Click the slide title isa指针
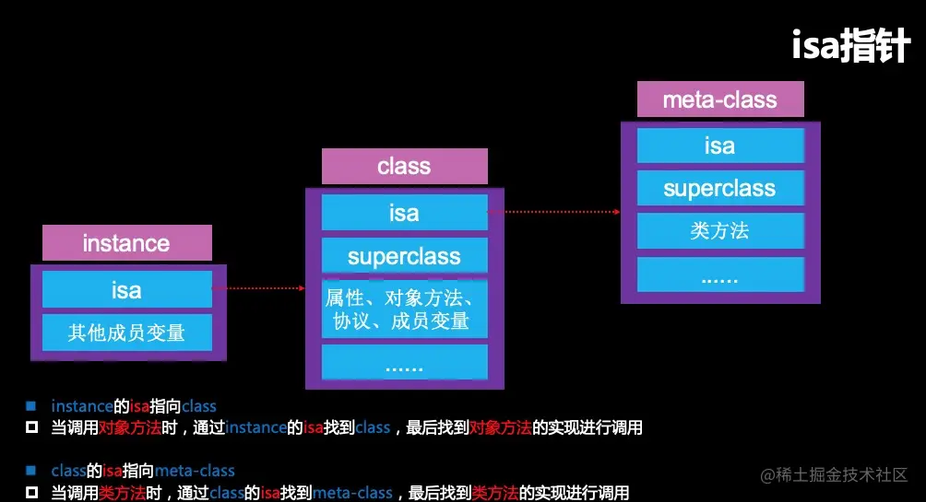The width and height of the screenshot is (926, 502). pyautogui.click(x=850, y=45)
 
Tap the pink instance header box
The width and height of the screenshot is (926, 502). pyautogui.click(x=127, y=242)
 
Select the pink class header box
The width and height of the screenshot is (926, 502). pyautogui.click(x=405, y=167)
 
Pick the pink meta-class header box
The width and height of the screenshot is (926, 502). pyautogui.click(x=720, y=99)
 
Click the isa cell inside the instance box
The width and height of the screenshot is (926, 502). pyautogui.click(x=127, y=289)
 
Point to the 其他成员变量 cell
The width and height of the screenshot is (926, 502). pyautogui.click(x=127, y=333)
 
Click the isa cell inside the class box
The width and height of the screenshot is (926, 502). pyautogui.click(x=405, y=213)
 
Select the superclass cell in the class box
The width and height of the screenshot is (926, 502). pyautogui.click(x=405, y=255)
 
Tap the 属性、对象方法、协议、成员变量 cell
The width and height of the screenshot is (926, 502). pyautogui.click(x=405, y=309)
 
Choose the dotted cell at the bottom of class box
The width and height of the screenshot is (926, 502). pyautogui.click(x=405, y=362)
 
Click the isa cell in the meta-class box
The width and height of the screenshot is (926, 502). pyautogui.click(x=720, y=146)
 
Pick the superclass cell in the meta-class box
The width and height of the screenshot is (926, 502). pyautogui.click(x=720, y=188)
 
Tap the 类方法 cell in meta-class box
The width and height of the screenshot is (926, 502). pyautogui.click(x=720, y=230)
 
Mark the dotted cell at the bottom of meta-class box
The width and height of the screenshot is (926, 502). pyautogui.click(x=720, y=274)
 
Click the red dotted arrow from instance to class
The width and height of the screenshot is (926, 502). pyautogui.click(x=258, y=288)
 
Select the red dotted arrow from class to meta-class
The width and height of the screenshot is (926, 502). pyautogui.click(x=554, y=212)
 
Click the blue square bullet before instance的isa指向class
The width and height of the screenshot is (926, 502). pyautogui.click(x=30, y=406)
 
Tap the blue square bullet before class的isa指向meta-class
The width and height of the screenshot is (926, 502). pyautogui.click(x=30, y=471)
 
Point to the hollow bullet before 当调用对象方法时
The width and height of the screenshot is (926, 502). pyautogui.click(x=31, y=427)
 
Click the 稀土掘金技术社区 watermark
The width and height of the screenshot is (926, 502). pyautogui.click(x=834, y=475)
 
